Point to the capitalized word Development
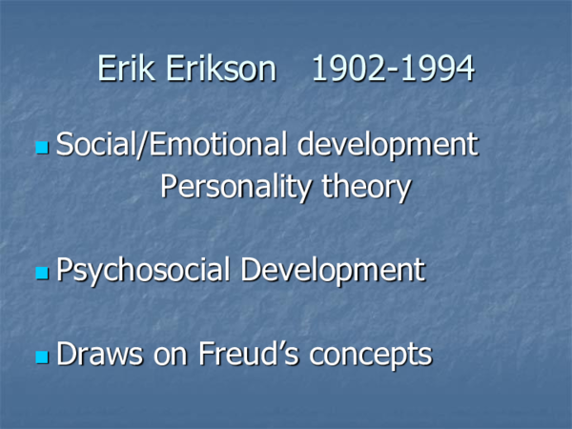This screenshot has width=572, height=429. (x=333, y=270)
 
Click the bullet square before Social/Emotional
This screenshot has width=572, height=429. (x=41, y=149)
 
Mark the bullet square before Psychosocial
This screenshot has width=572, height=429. (x=41, y=274)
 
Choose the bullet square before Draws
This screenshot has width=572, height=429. (x=41, y=357)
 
